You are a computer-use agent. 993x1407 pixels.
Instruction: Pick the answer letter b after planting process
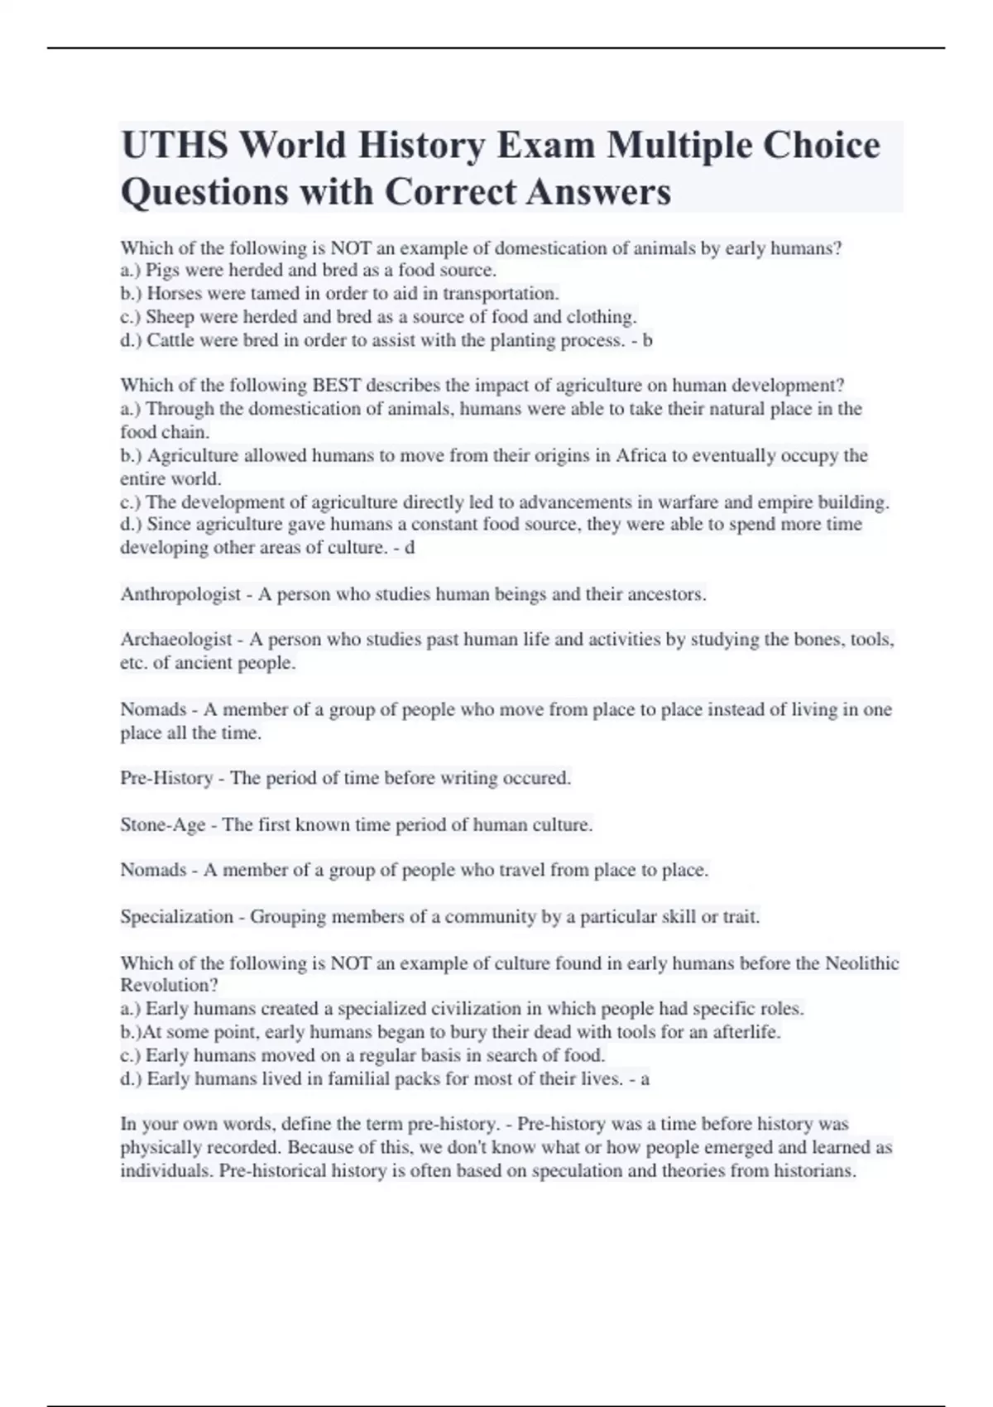[x=647, y=340]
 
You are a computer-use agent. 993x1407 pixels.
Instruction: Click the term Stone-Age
[x=163, y=824]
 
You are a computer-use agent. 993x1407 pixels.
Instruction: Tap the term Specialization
[x=177, y=917]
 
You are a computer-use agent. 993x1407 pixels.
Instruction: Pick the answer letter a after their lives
[x=645, y=1078]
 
